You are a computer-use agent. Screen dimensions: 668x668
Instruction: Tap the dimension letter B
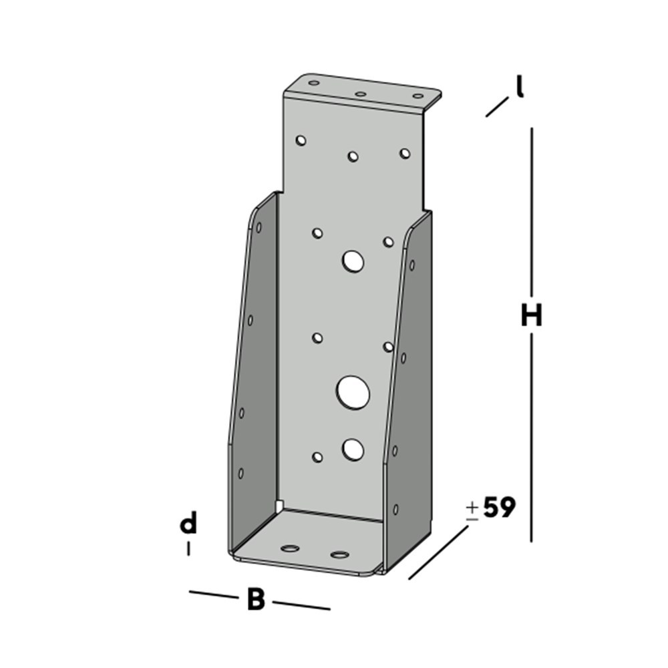coord(256,599)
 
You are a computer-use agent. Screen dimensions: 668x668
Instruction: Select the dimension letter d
coord(189,524)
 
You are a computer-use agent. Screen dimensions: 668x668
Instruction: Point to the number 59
coord(499,508)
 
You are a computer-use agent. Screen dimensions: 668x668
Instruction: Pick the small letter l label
coord(519,88)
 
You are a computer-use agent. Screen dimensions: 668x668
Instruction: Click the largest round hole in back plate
coord(353,392)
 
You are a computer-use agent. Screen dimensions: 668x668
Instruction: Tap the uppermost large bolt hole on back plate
coord(353,261)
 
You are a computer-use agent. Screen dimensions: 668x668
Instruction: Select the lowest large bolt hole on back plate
coord(353,450)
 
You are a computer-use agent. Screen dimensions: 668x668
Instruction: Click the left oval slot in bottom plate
coord(290,549)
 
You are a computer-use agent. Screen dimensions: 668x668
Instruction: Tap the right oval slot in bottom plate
coord(340,554)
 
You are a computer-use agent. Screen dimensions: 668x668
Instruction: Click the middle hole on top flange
coord(360,94)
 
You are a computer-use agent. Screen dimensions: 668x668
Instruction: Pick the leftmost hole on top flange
coord(313,83)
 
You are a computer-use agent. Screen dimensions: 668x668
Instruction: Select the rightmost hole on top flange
coord(417,97)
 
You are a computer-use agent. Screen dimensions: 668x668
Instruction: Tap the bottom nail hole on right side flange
coord(395,509)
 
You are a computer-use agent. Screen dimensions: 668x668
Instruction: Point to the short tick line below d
coord(189,548)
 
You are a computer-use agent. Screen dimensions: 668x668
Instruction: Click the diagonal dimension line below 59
coord(438,552)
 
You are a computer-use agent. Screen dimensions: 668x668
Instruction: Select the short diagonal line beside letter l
coord(497,108)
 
